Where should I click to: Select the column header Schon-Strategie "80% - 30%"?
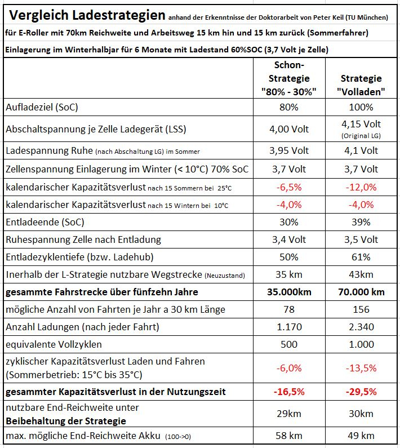click(289, 78)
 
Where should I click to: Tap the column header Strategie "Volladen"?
click(361, 84)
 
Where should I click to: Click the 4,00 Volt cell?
click(289, 129)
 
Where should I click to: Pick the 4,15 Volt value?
click(361, 124)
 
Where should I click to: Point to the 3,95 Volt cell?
click(289, 150)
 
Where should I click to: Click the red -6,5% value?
click(289, 187)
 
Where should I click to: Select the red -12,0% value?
click(361, 187)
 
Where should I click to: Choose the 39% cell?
click(361, 222)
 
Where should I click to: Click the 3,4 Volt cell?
click(289, 239)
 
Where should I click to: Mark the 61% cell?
click(361, 257)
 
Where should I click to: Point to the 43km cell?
click(361, 274)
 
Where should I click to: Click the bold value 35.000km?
click(289, 292)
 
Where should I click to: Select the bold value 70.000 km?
click(361, 292)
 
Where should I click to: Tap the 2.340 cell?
click(361, 326)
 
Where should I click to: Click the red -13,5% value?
click(361, 367)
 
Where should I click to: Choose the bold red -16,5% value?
click(289, 391)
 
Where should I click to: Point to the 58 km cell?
click(289, 436)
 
